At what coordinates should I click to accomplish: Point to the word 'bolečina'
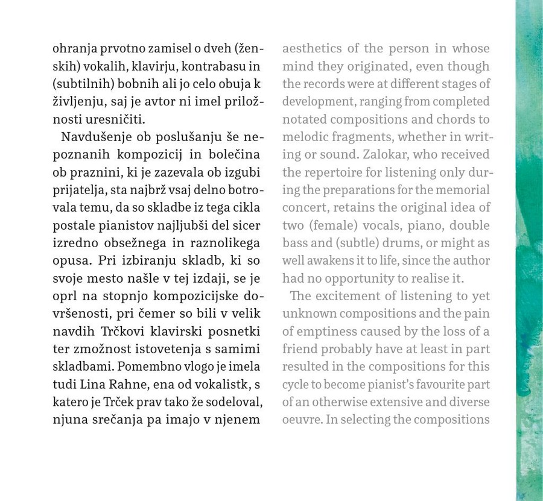(x=232, y=155)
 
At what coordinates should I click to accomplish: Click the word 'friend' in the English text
(x=299, y=349)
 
